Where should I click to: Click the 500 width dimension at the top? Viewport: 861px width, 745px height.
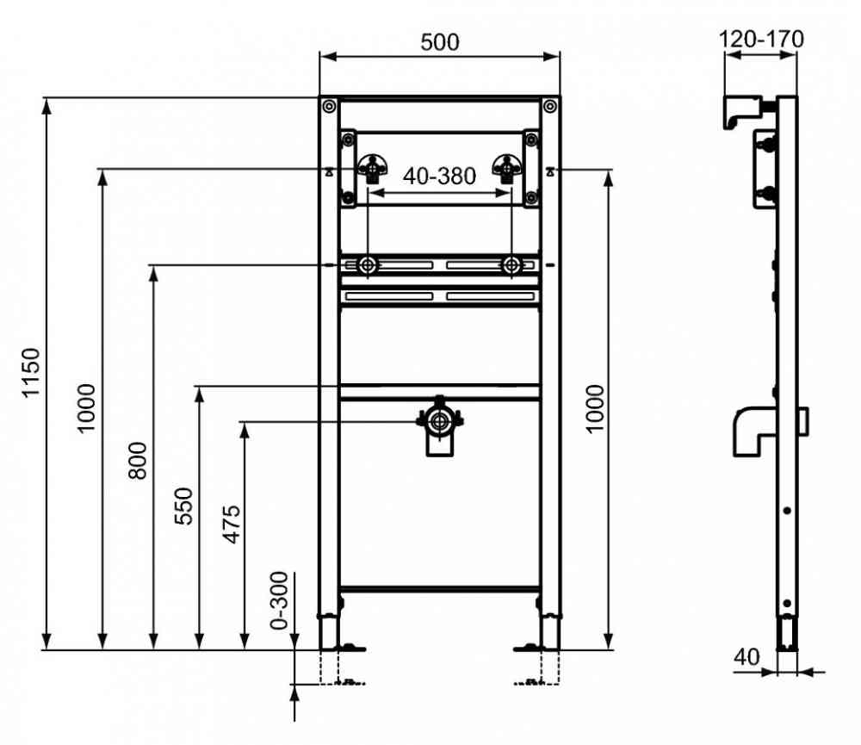coord(440,42)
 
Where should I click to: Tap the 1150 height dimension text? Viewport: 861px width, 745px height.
coord(31,372)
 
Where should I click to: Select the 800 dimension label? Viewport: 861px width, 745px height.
coord(137,461)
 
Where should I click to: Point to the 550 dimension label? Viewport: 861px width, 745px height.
coord(184,506)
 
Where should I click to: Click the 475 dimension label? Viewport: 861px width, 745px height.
coord(231,525)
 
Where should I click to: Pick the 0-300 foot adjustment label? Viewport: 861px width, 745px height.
coord(280,600)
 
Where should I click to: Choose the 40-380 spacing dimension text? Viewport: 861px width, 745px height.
coord(439,177)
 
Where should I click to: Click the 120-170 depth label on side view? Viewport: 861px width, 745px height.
coord(761,39)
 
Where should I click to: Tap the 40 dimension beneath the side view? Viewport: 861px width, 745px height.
coord(746,656)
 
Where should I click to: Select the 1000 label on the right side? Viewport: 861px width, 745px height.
coord(595,409)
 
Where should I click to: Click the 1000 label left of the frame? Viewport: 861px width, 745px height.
coord(85,409)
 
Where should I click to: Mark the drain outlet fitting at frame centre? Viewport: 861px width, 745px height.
coord(439,425)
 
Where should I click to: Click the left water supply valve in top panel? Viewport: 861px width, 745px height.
coord(373,168)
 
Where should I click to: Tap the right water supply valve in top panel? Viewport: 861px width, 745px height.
coord(507,168)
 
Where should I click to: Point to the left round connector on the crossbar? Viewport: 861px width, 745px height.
coord(368,266)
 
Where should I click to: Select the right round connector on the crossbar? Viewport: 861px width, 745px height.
coord(511,266)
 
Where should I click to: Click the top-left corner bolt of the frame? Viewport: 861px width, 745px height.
coord(329,106)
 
